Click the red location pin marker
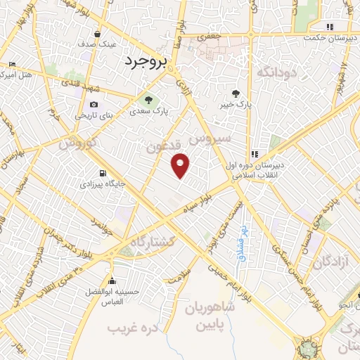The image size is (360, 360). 181,165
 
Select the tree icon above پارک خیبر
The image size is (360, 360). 236,92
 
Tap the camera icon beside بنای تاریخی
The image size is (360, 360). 94,105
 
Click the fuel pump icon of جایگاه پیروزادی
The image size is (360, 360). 104,173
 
